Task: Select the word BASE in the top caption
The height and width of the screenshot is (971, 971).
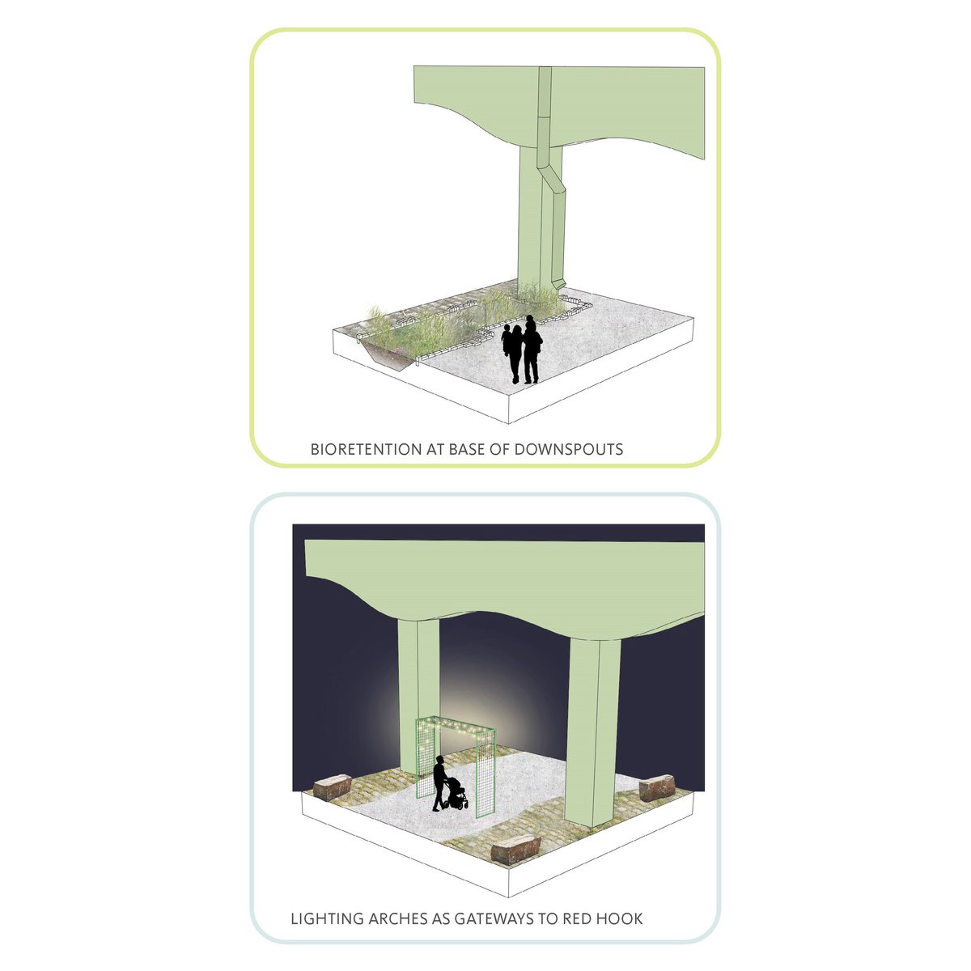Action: (466, 449)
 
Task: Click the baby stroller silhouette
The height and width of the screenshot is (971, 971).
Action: (456, 793)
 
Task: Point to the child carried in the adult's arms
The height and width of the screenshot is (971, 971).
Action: (506, 340)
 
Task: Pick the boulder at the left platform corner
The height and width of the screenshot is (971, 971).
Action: (332, 787)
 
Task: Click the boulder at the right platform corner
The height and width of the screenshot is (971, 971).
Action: (656, 787)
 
